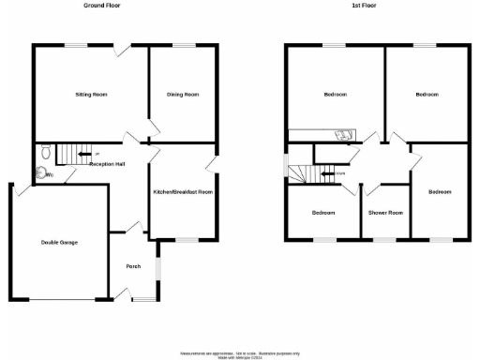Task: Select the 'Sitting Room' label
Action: [92, 95]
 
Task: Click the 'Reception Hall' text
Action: [109, 164]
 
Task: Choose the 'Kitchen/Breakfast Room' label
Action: [184, 191]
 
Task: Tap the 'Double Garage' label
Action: [58, 242]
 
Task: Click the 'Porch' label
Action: [133, 266]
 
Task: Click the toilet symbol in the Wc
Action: [40, 172]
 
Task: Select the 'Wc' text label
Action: [49, 174]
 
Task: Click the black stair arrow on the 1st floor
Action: [327, 173]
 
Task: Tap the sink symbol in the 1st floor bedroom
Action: [345, 133]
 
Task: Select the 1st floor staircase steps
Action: [302, 173]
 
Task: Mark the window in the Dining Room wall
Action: [183, 45]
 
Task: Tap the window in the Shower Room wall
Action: [385, 240]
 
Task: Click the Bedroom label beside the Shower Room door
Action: [439, 191]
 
